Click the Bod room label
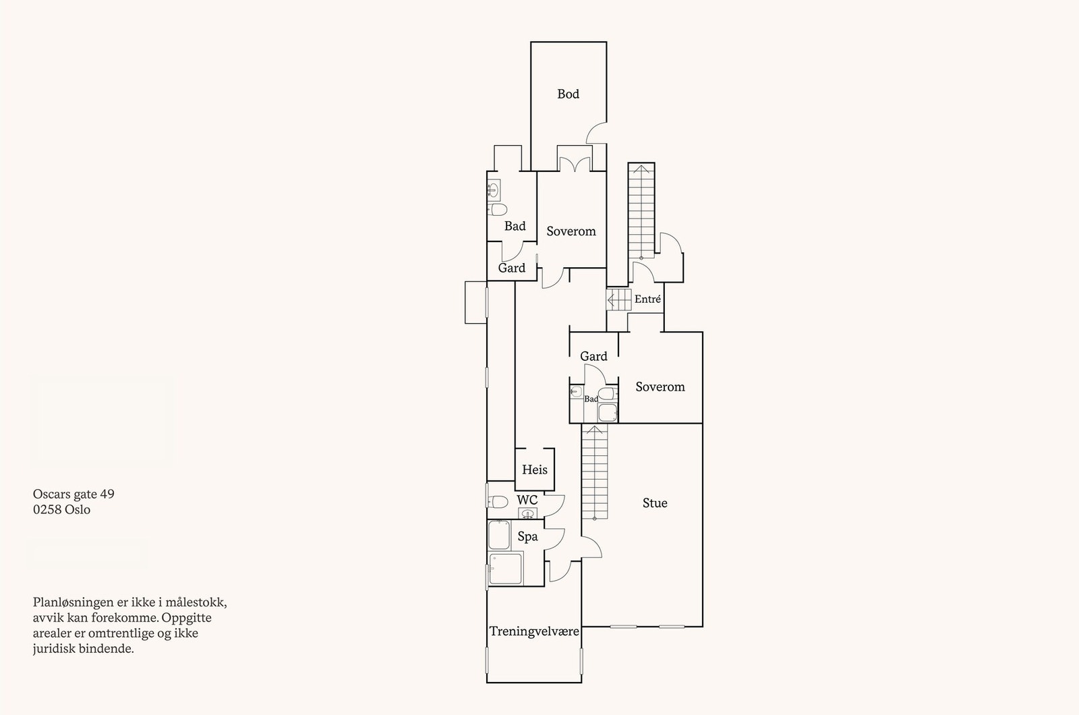point(568,94)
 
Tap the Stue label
point(655,503)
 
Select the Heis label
point(535,469)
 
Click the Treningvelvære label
point(534,631)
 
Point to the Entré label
point(647,299)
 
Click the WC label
point(527,500)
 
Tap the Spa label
point(527,537)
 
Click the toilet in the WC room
point(497,501)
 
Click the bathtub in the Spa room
point(499,535)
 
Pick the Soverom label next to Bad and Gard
point(571,231)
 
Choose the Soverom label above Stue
point(660,387)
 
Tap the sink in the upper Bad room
point(493,190)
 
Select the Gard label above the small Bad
point(593,356)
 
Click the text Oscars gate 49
point(74,494)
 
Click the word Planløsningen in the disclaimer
point(69,602)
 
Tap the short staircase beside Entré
point(618,299)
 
